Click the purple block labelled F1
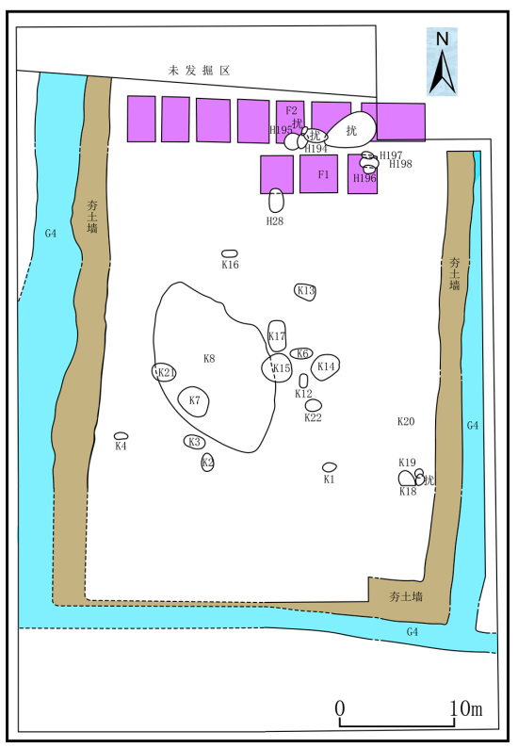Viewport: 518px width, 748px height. point(318,173)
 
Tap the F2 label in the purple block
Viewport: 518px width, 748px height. point(291,110)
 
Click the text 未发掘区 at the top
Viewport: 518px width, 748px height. point(200,71)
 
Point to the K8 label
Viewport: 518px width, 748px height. point(209,358)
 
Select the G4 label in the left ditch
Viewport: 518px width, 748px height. point(51,234)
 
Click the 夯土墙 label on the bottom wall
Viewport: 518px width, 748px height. point(405,596)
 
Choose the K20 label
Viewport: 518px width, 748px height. point(406,421)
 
